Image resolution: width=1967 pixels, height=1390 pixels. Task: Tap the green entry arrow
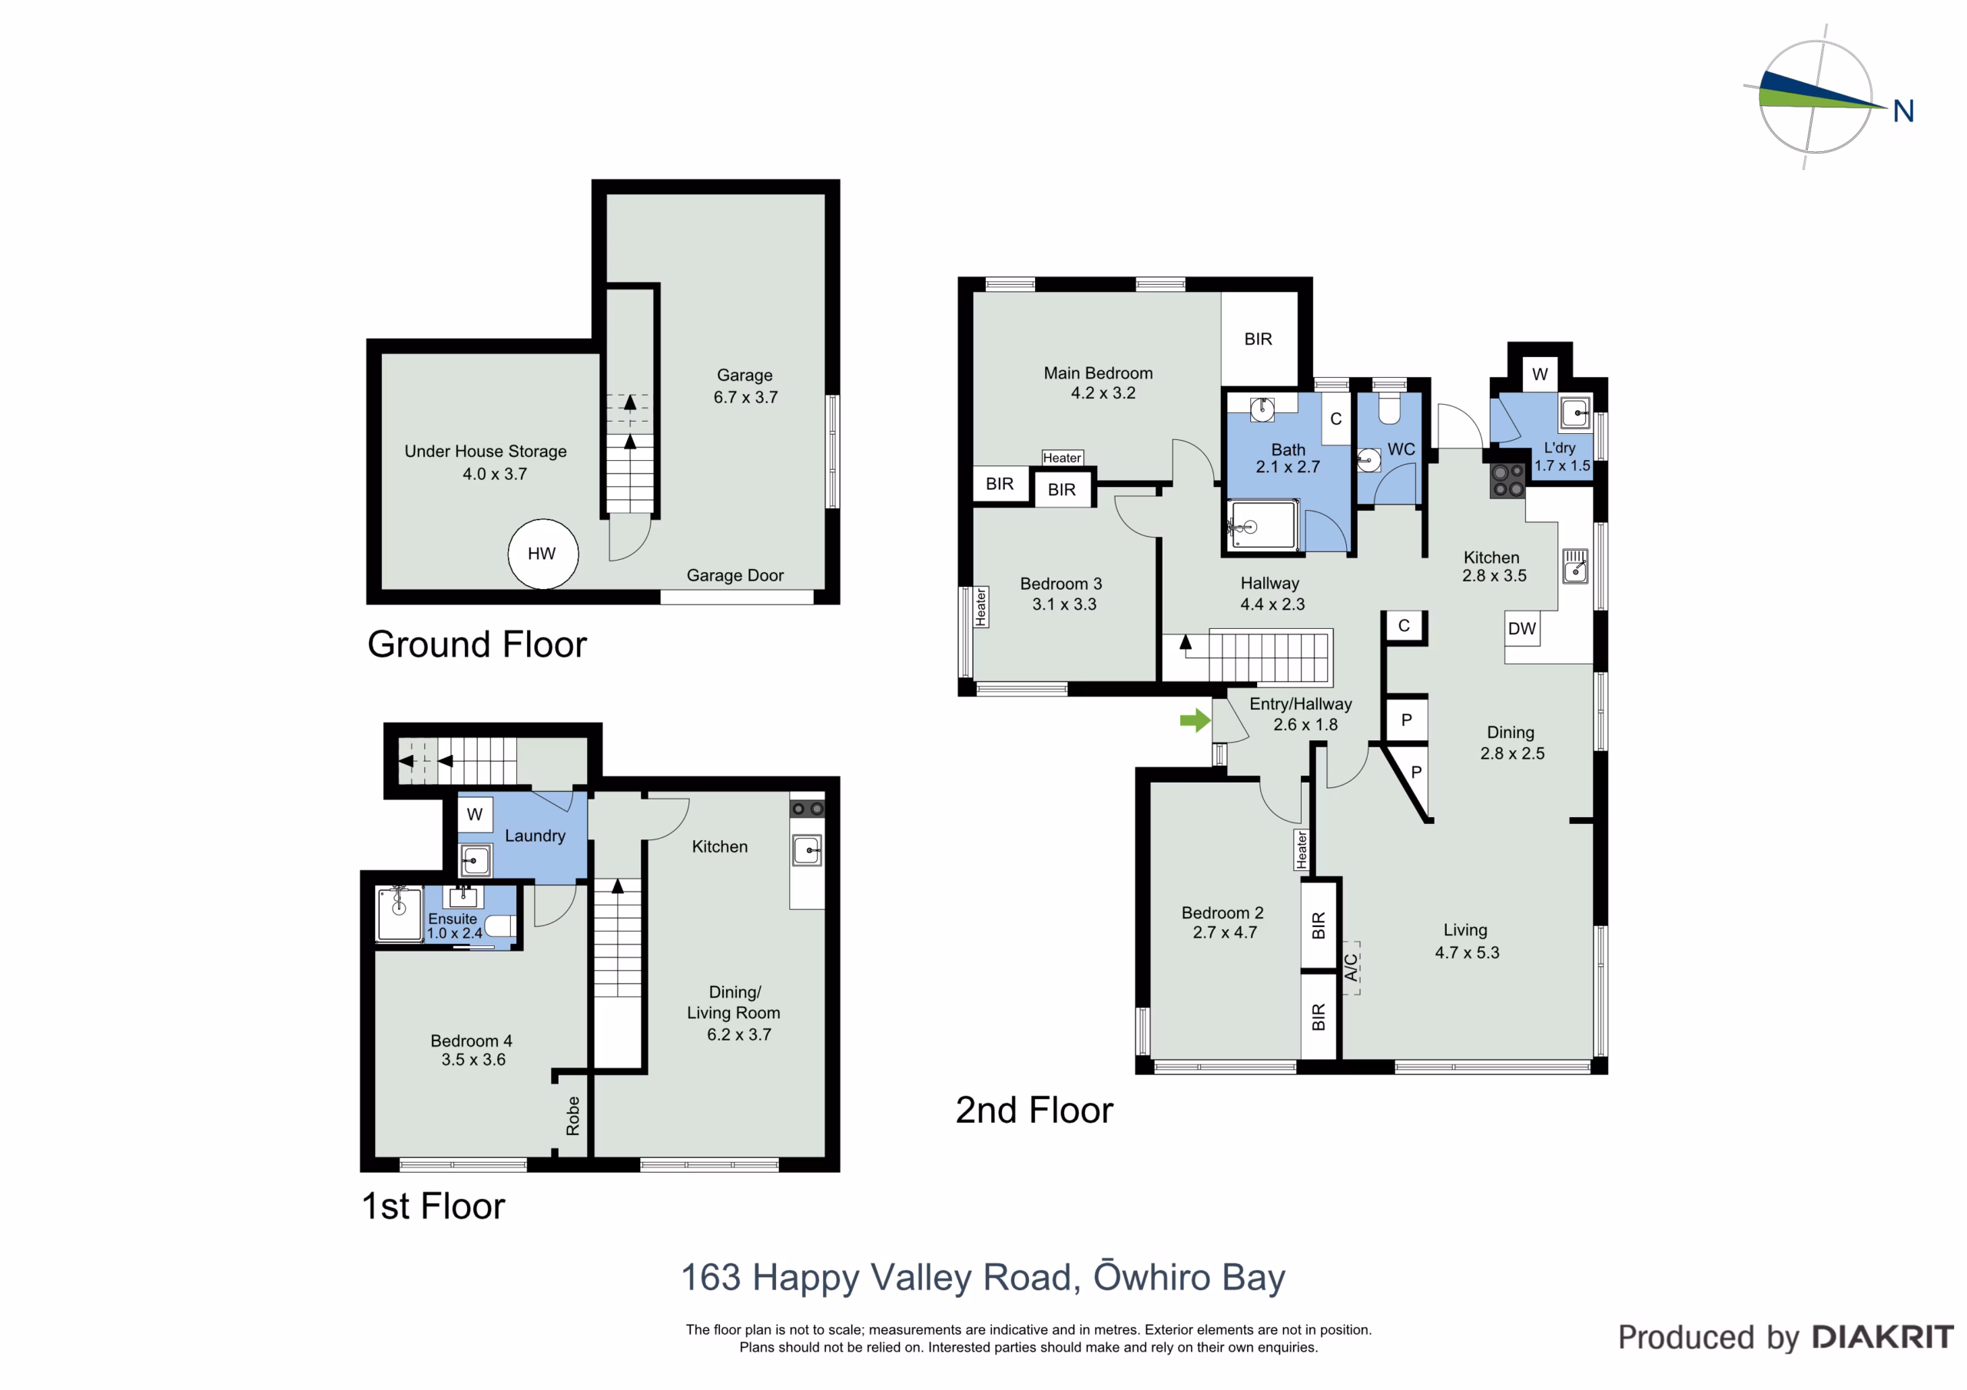[x=1195, y=720]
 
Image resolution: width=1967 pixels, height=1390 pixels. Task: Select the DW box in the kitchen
[x=1521, y=629]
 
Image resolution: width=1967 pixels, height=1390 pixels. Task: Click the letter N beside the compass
[x=1902, y=111]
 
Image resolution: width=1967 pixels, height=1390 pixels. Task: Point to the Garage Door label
[x=735, y=575]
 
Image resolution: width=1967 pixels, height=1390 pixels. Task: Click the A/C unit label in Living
[x=1351, y=968]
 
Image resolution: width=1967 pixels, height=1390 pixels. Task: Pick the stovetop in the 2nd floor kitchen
[x=1508, y=481]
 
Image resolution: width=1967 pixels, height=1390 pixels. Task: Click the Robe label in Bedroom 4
[x=573, y=1116]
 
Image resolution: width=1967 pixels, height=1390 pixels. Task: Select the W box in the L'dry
[x=1540, y=374]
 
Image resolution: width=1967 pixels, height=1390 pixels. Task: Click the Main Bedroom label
[x=1098, y=373]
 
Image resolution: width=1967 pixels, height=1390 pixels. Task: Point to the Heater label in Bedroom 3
[x=981, y=607]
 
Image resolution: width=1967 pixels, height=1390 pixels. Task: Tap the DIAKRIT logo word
[x=1883, y=1337]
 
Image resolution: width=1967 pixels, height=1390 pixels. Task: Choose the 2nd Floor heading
[x=1034, y=1110]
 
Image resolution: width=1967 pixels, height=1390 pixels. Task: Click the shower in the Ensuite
[x=400, y=915]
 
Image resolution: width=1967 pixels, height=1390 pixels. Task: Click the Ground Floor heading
[x=477, y=644]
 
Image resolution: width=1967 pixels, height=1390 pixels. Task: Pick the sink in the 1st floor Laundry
[x=476, y=860]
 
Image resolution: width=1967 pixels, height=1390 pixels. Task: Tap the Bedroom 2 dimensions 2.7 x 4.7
[x=1225, y=932]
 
